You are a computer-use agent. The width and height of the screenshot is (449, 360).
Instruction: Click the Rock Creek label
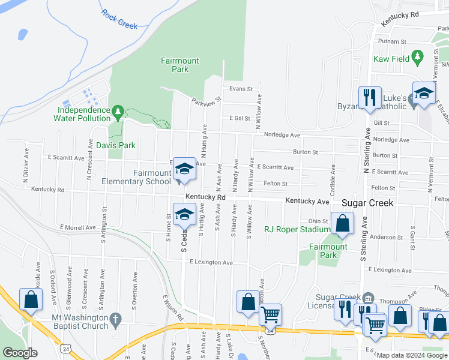click(119, 19)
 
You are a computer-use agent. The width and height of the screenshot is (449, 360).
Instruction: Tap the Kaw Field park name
click(391, 59)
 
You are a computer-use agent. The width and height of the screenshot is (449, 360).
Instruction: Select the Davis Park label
click(116, 145)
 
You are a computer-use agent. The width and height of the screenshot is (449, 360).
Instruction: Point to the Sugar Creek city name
click(367, 203)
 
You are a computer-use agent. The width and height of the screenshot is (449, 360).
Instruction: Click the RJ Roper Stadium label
click(298, 229)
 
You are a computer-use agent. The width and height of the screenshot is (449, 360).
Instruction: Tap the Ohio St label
click(318, 221)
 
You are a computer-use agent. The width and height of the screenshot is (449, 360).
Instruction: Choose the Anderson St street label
click(386, 237)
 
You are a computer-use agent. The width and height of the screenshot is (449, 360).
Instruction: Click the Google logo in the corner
click(20, 353)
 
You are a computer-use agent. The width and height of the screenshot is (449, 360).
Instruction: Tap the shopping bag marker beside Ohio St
click(342, 223)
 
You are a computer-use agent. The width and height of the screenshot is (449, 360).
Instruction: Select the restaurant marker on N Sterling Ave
click(367, 97)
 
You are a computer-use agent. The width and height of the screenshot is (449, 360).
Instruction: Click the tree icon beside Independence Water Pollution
click(118, 111)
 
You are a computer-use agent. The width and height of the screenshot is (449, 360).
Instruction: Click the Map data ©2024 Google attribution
click(412, 355)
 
